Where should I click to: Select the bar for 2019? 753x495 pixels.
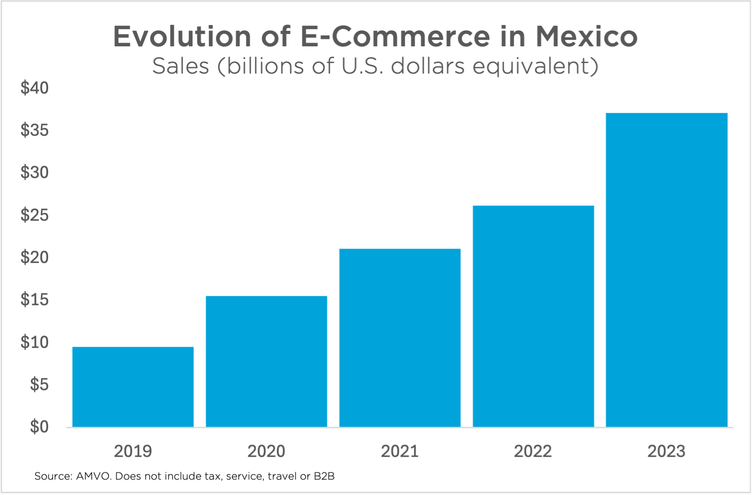(133, 387)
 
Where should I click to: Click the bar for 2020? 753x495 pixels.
(266, 361)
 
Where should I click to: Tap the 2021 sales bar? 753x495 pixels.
(400, 338)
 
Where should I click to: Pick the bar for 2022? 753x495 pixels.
(533, 317)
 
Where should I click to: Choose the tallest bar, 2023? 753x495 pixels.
(667, 270)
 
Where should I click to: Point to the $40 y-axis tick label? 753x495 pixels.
(34, 88)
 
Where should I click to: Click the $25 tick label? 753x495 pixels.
(34, 215)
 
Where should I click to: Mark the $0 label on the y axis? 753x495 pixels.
(39, 426)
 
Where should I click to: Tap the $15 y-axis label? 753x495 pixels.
(34, 300)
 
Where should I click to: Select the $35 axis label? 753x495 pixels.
(34, 130)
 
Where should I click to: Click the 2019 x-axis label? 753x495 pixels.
(133, 451)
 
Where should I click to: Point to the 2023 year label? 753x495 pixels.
(666, 451)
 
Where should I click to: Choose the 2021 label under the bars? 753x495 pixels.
(400, 451)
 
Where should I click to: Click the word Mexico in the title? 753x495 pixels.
(586, 36)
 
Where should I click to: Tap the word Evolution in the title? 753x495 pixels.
(182, 36)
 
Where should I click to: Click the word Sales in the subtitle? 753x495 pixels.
(181, 66)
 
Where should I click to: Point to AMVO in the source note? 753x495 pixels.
(94, 476)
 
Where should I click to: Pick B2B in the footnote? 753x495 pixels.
(324, 476)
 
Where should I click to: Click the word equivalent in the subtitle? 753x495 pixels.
(535, 66)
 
